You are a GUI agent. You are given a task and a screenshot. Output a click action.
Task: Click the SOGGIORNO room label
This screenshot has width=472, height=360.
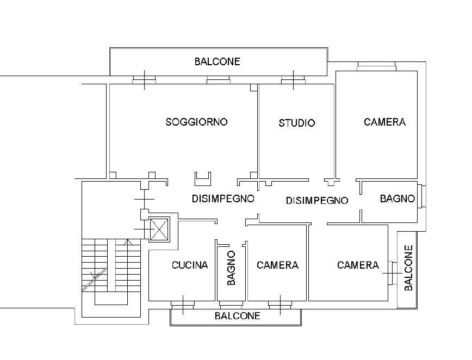click(x=196, y=122)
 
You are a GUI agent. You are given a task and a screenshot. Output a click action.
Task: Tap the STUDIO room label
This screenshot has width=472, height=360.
click(x=296, y=123)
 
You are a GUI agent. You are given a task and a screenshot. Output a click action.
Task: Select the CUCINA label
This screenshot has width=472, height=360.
click(x=190, y=265)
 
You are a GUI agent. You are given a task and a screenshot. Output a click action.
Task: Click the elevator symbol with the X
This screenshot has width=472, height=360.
click(x=159, y=229)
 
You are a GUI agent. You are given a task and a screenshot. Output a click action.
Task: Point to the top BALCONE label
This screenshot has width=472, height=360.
click(x=217, y=61)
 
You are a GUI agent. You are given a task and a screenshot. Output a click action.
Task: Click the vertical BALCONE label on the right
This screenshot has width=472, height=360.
click(x=408, y=268)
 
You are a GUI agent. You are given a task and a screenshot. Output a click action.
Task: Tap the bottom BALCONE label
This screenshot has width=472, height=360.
click(x=237, y=315)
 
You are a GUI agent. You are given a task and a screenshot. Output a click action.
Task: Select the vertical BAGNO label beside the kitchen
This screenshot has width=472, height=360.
click(x=231, y=268)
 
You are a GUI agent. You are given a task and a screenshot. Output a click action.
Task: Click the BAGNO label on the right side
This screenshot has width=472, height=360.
click(x=397, y=198)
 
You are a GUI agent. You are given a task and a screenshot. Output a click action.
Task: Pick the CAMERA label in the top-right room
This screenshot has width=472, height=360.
click(x=384, y=122)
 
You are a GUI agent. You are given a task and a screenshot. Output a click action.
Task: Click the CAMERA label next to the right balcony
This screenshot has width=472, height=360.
click(x=358, y=265)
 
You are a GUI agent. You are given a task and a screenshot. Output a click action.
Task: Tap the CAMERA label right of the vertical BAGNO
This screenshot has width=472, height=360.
click(x=277, y=265)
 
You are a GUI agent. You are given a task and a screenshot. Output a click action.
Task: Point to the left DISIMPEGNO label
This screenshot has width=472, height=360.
click(x=223, y=198)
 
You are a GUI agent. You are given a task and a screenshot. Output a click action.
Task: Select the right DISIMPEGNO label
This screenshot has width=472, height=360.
click(x=317, y=201)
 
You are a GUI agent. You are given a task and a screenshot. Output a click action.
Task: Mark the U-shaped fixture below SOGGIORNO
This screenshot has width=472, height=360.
click(x=203, y=179)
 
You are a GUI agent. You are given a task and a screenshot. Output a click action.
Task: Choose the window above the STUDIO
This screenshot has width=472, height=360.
click(x=294, y=81)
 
